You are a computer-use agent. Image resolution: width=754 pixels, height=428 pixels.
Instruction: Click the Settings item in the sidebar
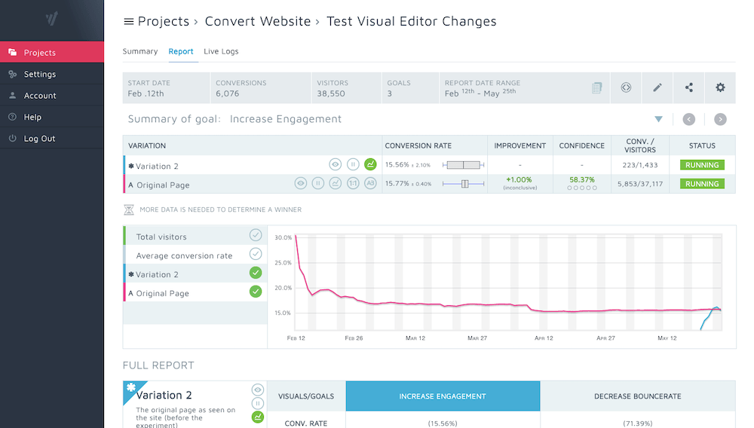coord(39,74)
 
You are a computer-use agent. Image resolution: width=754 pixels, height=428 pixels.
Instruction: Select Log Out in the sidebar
coord(39,139)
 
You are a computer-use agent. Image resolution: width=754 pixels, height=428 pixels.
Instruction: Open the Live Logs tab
coord(221,51)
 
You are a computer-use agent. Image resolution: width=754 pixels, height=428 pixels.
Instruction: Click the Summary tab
coord(140,51)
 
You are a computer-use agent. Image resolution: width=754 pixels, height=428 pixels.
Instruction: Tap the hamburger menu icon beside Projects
coord(128,22)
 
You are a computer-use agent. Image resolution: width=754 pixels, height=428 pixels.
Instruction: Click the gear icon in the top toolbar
coord(720,87)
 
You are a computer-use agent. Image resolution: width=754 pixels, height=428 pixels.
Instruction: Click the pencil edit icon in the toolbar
coord(657,87)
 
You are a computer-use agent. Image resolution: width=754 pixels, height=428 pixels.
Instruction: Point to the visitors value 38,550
coord(331,93)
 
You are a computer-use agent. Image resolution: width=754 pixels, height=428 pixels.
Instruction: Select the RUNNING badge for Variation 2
coord(702,165)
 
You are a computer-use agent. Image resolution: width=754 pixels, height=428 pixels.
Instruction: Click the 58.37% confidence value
coord(582,180)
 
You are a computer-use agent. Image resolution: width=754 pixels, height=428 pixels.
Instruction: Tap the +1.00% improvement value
coord(520,180)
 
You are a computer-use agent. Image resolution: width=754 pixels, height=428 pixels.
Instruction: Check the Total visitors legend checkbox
coord(256,236)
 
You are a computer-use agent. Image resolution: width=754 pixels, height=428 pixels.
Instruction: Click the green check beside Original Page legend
coord(256,292)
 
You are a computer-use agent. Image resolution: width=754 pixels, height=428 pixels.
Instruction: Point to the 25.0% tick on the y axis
coord(283,262)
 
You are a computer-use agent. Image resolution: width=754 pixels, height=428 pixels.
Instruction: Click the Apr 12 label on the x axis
coord(544,338)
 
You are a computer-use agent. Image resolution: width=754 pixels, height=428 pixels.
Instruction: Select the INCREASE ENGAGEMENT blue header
coord(443,396)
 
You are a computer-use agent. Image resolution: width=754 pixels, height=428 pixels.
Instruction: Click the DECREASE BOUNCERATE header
coord(637,396)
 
